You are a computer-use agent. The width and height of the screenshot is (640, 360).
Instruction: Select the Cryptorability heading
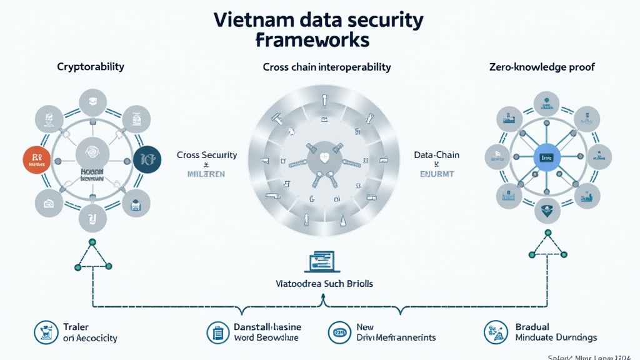click(x=90, y=66)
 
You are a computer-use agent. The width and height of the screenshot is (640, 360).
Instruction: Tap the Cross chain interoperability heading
click(x=327, y=66)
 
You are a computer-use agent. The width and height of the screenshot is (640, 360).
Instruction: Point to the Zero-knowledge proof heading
click(x=542, y=66)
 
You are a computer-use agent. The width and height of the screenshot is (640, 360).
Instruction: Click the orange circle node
click(x=37, y=161)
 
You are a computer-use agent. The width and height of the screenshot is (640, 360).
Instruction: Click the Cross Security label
click(x=207, y=155)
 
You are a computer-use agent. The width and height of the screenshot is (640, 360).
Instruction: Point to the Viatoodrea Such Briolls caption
click(x=324, y=284)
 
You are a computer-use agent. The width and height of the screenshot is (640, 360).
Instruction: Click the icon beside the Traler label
click(x=46, y=331)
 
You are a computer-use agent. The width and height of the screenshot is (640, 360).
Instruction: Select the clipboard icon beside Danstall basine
click(x=218, y=331)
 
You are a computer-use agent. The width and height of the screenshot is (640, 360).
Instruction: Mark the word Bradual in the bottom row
click(x=532, y=326)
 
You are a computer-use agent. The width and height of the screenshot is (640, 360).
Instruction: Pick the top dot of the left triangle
click(x=92, y=241)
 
